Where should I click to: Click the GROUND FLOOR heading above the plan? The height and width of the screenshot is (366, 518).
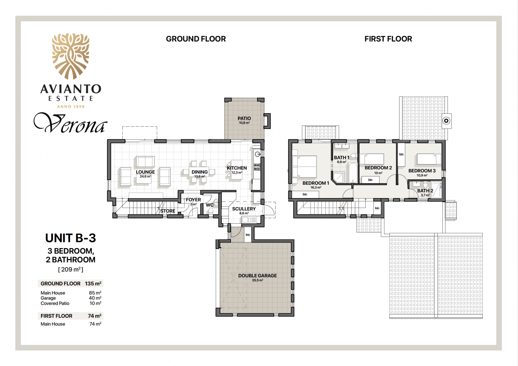pyautogui.click(x=196, y=39)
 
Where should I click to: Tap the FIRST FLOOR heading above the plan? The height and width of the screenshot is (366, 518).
pyautogui.click(x=388, y=39)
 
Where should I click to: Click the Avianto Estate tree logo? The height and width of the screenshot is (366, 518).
pyautogui.click(x=71, y=56)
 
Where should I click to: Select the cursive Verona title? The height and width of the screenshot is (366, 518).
pyautogui.click(x=71, y=123)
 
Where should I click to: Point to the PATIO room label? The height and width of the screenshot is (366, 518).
pyautogui.click(x=244, y=118)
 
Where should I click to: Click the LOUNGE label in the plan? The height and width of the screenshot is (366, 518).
pyautogui.click(x=145, y=172)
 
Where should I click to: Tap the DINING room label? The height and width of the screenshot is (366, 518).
pyautogui.click(x=200, y=172)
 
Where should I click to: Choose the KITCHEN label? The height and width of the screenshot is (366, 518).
pyautogui.click(x=237, y=168)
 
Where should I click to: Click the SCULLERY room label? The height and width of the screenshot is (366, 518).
pyautogui.click(x=244, y=209)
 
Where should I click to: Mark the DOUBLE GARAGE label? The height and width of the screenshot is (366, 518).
pyautogui.click(x=257, y=276)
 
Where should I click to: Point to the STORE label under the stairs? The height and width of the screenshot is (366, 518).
pyautogui.click(x=168, y=211)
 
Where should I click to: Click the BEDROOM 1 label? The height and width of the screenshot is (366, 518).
pyautogui.click(x=316, y=183)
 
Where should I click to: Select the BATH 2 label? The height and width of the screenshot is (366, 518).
pyautogui.click(x=425, y=191)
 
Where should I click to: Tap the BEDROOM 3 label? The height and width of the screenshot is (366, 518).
pyautogui.click(x=422, y=171)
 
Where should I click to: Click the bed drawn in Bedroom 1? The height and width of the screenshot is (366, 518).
pyautogui.click(x=305, y=167)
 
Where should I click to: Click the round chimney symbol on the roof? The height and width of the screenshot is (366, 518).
pyautogui.click(x=446, y=121)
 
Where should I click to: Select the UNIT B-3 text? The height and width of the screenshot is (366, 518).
pyautogui.click(x=71, y=238)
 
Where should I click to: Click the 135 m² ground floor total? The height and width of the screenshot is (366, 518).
pyautogui.click(x=93, y=284)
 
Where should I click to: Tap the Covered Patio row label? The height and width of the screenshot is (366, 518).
pyautogui.click(x=55, y=303)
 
